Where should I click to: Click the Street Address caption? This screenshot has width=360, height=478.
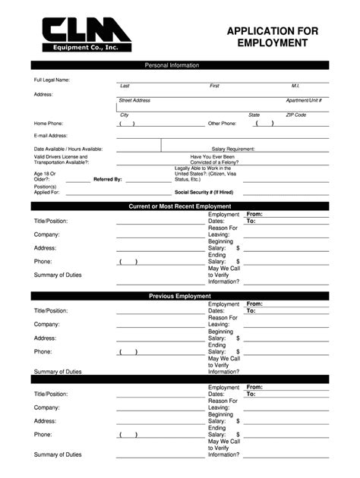click(x=134, y=100)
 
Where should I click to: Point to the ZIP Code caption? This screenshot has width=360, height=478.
click(x=295, y=115)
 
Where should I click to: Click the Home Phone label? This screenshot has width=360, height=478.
click(x=48, y=123)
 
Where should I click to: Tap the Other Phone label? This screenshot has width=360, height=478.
click(x=223, y=123)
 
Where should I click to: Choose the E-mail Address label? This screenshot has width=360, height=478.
click(x=50, y=136)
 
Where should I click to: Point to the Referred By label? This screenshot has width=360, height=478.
click(x=107, y=179)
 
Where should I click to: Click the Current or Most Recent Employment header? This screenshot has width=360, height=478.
click(x=180, y=206)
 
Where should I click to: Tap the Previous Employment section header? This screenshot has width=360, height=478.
click(x=180, y=296)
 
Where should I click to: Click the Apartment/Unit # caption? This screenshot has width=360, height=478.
click(x=304, y=100)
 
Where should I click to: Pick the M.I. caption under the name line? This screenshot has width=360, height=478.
click(x=295, y=86)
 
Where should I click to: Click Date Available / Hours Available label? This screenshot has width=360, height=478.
click(x=68, y=149)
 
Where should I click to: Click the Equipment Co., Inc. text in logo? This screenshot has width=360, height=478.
click(x=76, y=48)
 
